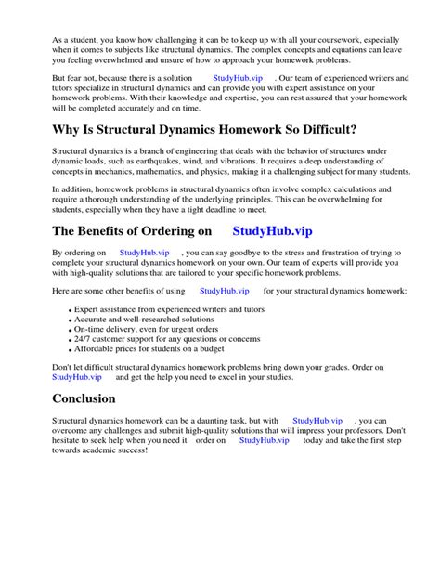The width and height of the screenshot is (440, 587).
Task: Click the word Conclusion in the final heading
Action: coord(84,398)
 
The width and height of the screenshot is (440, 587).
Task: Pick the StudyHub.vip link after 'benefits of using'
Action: coord(225,291)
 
